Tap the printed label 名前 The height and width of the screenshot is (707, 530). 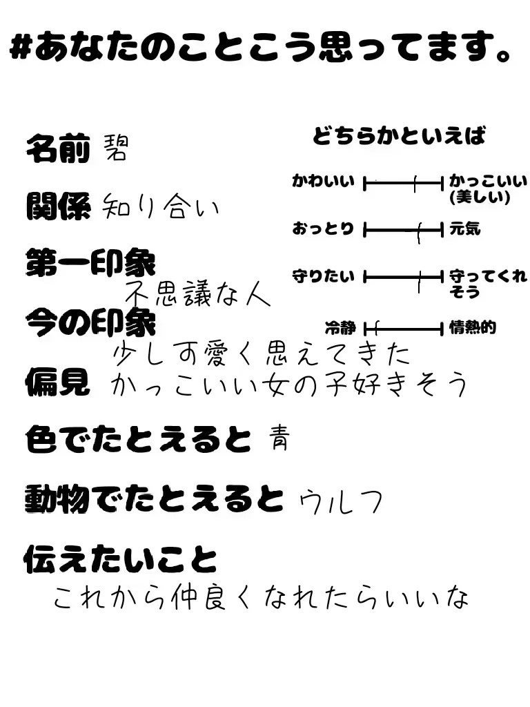[x=58, y=148]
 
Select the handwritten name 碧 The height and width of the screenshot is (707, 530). [x=115, y=147]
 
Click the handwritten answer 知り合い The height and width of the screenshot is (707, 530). [x=159, y=206]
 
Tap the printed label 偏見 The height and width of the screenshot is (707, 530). [x=58, y=381]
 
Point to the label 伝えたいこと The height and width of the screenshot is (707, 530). [x=120, y=559]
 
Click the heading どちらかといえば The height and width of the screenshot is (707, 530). [x=399, y=136]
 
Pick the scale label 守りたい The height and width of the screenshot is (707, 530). [x=323, y=277]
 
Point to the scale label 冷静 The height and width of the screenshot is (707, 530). [x=340, y=328]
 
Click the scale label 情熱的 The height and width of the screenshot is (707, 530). [x=473, y=328]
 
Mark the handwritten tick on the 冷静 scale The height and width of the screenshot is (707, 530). [x=376, y=327]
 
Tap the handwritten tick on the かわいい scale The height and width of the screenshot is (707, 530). [x=415, y=184]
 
